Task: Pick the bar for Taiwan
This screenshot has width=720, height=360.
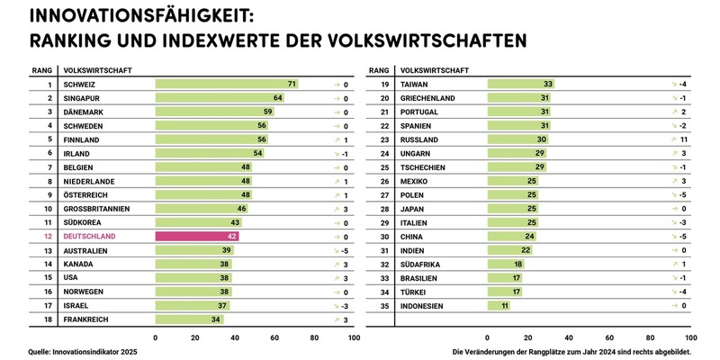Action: point(520,84)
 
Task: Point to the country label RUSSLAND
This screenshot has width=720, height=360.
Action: point(418,139)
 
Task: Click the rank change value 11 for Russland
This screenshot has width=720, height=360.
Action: point(683,139)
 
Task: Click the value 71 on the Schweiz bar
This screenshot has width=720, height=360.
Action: point(292,84)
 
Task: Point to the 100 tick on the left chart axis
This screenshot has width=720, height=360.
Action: point(353,337)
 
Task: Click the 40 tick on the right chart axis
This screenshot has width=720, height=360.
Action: point(567,337)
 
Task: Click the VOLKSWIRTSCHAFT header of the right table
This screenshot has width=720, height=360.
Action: point(434,68)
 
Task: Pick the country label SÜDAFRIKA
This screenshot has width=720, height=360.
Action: point(421,265)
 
